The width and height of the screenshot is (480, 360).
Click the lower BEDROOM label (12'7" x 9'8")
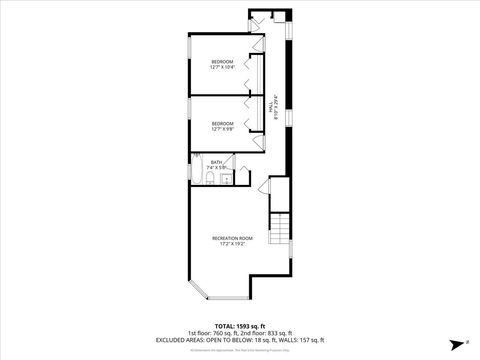point(222,124)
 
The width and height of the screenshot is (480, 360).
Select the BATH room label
point(216,161)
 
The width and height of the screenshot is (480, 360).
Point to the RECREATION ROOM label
point(232,237)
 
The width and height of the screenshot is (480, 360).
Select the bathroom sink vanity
point(237,177)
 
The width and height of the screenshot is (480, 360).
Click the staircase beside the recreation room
point(280,229)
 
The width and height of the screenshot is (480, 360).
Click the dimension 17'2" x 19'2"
point(232,244)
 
